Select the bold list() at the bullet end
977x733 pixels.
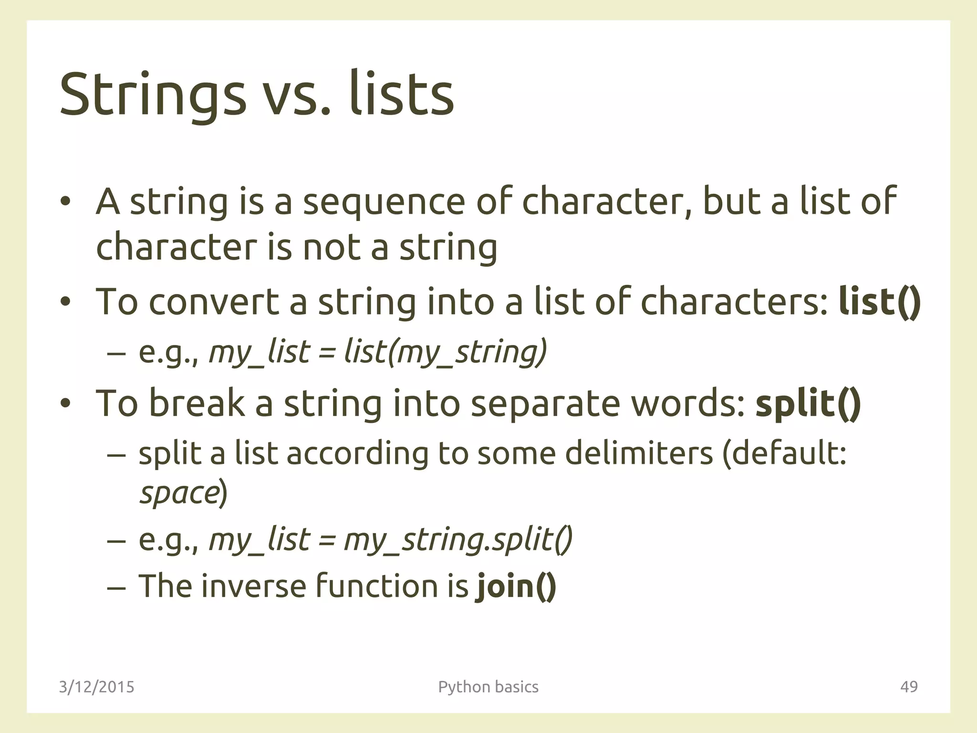tap(880, 302)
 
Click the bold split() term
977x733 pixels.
tap(808, 403)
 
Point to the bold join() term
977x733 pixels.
tap(516, 586)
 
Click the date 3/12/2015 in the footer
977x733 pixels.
tap(96, 687)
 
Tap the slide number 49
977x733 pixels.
tap(908, 687)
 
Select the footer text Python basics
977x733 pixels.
tap(488, 687)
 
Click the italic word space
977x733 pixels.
tap(179, 493)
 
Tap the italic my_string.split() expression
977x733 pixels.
tap(457, 540)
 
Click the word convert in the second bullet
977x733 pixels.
tap(214, 302)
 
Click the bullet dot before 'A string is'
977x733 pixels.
tap(65, 201)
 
